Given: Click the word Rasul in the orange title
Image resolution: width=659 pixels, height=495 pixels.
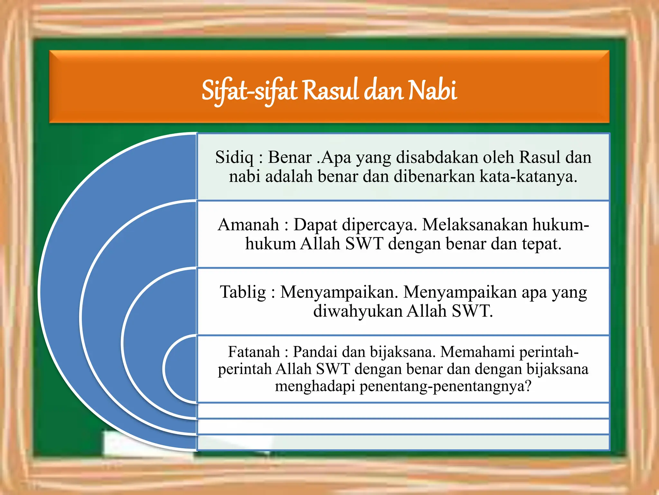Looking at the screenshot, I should tap(330, 91).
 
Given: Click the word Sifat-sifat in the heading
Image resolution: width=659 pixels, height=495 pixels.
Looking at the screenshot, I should tap(249, 91).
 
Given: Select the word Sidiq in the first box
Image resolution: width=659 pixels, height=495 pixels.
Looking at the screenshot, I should tap(234, 158).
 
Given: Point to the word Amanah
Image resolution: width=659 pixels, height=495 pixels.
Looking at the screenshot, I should tap(248, 225).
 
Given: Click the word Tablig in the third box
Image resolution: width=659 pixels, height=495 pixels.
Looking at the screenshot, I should tap(243, 292).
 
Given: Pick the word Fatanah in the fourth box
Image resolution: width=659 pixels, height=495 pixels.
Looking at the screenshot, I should tap(254, 352).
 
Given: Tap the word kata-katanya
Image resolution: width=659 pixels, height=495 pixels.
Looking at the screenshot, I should tap(528, 177).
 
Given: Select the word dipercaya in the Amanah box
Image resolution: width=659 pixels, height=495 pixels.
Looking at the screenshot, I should tap(379, 225).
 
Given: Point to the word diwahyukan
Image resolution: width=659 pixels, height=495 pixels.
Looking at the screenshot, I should tap(357, 311).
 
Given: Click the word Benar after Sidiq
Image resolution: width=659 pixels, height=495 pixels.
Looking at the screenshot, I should tap(290, 158).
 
